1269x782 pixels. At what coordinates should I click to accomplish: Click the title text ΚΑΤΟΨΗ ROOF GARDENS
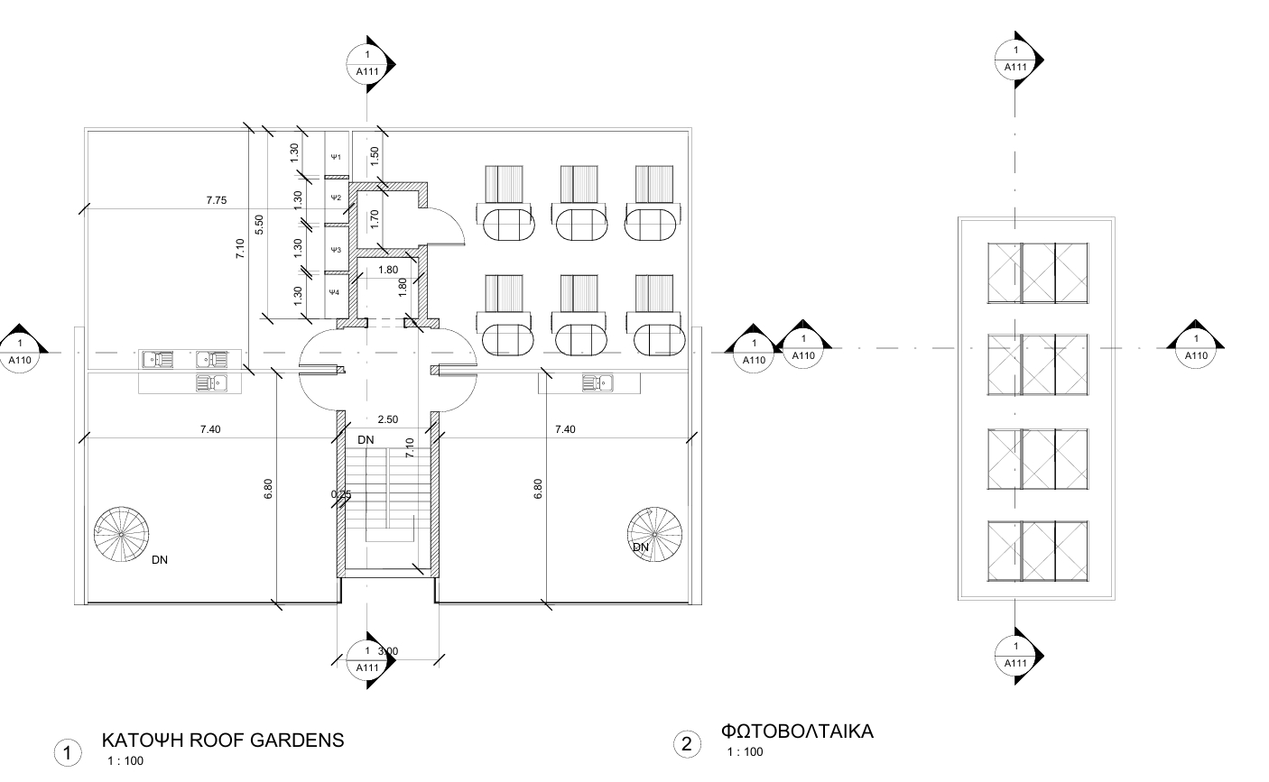(223, 741)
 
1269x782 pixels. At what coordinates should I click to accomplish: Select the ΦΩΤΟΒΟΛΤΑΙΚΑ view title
(797, 731)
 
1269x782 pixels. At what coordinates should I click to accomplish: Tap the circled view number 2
(687, 744)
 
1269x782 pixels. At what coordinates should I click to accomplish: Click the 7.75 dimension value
(216, 200)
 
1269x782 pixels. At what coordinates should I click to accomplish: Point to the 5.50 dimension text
(260, 225)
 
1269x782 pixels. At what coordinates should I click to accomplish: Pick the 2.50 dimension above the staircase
(387, 419)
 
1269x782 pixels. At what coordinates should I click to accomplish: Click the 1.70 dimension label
(374, 217)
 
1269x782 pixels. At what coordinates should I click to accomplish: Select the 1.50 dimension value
(374, 155)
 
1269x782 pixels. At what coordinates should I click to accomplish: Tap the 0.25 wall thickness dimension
(341, 494)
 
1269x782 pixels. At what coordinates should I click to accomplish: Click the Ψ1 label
(335, 157)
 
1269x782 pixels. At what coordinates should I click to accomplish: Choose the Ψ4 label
(334, 292)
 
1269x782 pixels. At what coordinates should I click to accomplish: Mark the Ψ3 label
(335, 249)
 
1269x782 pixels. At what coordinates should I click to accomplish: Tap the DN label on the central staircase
(366, 440)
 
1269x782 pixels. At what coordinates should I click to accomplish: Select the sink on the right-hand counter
(597, 383)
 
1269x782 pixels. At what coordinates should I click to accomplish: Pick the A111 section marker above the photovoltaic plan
(1016, 60)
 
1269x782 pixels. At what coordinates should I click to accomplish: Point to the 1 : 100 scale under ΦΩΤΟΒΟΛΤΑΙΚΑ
(745, 752)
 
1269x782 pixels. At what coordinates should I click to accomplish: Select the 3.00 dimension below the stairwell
(388, 651)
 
